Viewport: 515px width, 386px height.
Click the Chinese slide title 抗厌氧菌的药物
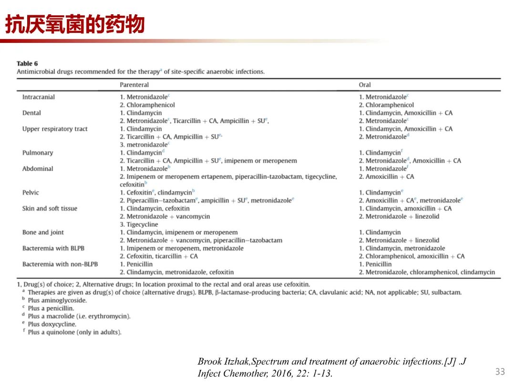[75, 25]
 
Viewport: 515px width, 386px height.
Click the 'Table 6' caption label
[27, 63]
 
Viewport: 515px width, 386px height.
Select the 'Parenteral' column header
[134, 85]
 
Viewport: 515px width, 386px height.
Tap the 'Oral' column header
[365, 85]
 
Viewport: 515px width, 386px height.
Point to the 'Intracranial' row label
[38, 97]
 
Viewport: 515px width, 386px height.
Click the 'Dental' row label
[31, 113]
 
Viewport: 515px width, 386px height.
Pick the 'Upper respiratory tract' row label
[55, 129]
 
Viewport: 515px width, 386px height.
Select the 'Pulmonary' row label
[38, 152]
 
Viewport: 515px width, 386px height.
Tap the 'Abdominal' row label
[38, 169]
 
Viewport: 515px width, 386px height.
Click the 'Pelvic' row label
[31, 193]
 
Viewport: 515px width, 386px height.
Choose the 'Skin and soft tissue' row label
[50, 208]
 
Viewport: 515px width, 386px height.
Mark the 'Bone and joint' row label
[43, 232]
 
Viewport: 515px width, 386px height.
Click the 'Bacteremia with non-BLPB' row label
[60, 264]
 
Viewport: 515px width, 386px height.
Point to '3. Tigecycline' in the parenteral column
[139, 224]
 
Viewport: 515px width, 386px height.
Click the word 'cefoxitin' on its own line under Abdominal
[132, 184]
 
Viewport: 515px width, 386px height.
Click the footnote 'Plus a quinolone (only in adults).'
[74, 332]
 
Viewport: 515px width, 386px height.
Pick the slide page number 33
[500, 371]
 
